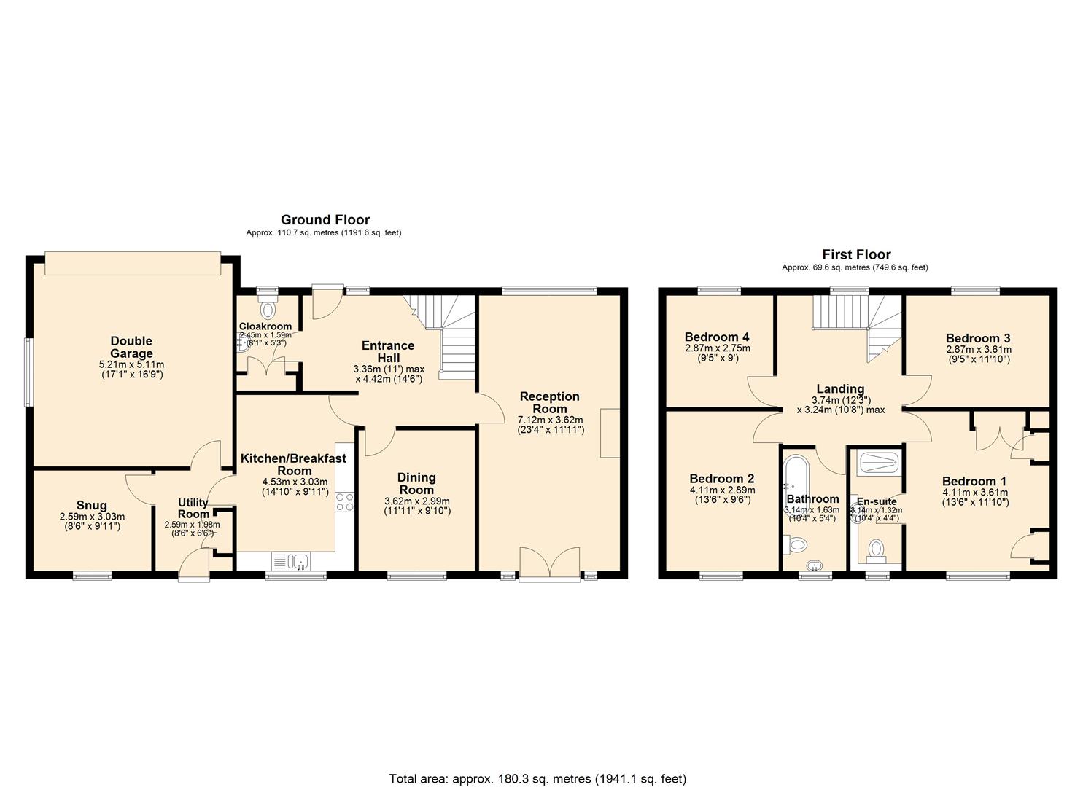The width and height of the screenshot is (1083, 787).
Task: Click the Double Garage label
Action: [x=131, y=347]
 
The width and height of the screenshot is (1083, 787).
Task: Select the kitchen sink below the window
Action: [x=298, y=561]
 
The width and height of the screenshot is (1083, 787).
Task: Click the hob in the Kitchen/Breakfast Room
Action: [x=345, y=502]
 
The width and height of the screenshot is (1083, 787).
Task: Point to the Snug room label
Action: [x=92, y=505]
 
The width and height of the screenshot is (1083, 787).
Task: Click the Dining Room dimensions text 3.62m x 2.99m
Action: [x=416, y=501]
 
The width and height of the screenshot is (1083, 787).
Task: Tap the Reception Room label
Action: [x=549, y=402]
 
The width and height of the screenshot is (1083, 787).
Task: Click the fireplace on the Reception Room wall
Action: [x=610, y=433]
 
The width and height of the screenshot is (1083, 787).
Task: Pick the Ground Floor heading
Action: [x=325, y=219]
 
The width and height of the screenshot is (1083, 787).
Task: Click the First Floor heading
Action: [x=856, y=254]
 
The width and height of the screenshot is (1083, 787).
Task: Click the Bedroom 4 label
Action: [x=717, y=337]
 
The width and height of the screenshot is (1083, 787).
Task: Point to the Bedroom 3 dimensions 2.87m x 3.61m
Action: [x=978, y=349]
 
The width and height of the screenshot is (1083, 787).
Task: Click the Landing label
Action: [x=840, y=389]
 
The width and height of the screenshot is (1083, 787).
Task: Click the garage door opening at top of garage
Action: [x=132, y=263]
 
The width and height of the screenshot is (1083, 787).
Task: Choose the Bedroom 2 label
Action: [x=721, y=479]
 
